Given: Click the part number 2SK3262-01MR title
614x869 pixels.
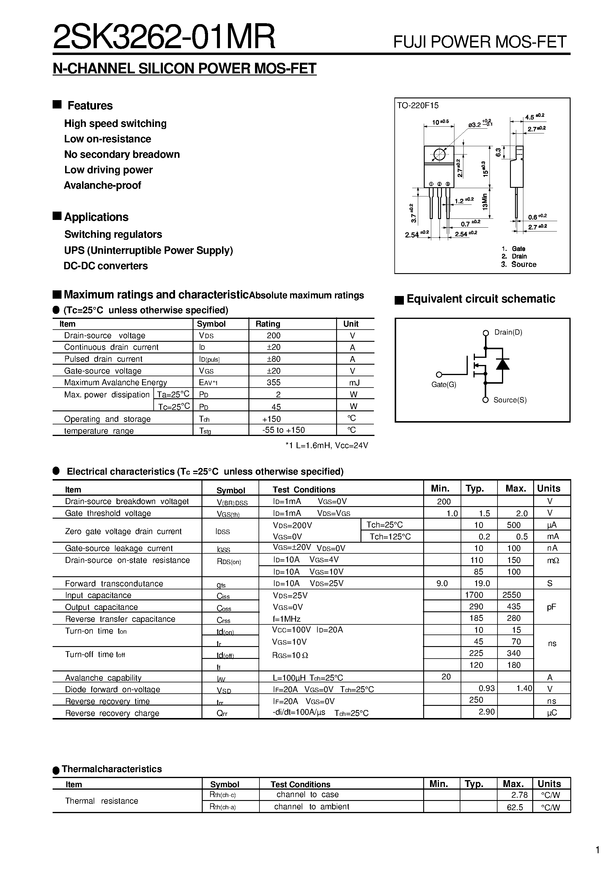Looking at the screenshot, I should (164, 37).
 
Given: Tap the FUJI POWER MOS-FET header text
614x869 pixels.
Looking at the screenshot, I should (480, 42).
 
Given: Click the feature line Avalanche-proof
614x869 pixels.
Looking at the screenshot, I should (102, 185).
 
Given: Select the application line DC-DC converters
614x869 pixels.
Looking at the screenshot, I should (106, 266).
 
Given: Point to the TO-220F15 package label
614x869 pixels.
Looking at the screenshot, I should (418, 106).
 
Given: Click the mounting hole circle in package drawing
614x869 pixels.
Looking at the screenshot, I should (439, 155).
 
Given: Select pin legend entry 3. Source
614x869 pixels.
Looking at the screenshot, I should (519, 265).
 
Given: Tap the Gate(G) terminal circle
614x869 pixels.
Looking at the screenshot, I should (439, 375).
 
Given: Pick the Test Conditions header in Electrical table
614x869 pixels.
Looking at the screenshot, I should (304, 490).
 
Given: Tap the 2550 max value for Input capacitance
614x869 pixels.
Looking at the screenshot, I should (511, 595).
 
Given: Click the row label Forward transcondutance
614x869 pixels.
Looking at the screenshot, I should (114, 584).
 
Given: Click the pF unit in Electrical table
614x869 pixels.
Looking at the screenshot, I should (551, 607).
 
